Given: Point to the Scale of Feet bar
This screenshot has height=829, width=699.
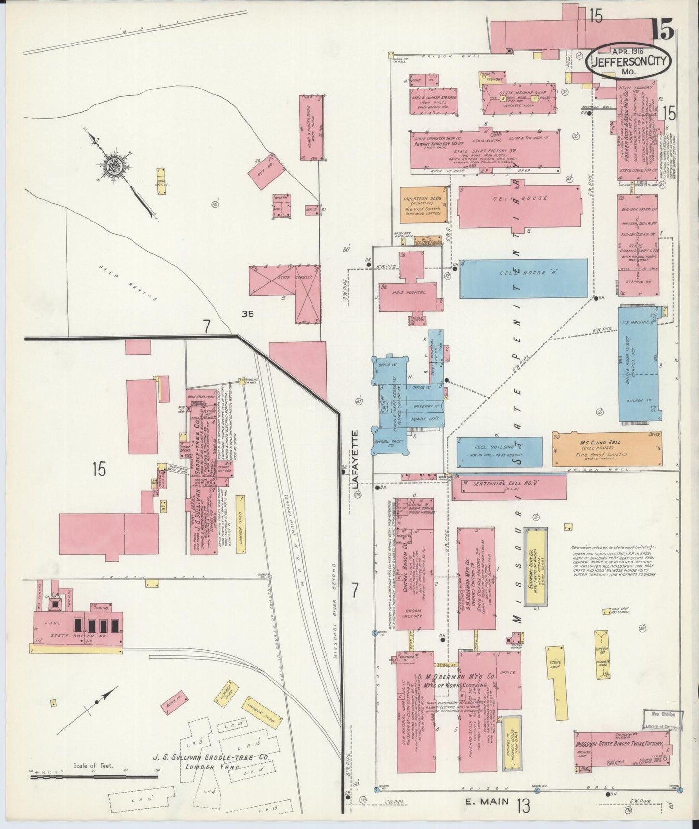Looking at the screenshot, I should pos(94,777).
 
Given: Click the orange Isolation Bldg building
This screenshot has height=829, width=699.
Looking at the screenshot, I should pos(422,205).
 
